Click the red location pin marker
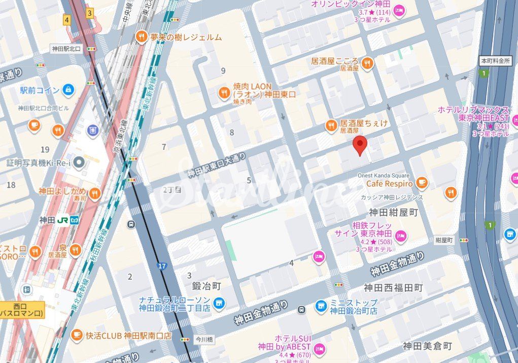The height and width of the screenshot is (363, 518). [360, 145]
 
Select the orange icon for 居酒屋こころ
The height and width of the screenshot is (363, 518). [368, 63]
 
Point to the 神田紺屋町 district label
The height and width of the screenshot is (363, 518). [393, 212]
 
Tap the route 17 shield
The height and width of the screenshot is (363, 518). [162, 266]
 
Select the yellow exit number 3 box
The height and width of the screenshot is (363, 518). [90, 13]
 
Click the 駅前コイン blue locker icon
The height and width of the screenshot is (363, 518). [68, 90]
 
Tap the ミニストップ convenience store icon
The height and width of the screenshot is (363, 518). [321, 306]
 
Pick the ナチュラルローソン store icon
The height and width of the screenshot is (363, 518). [219, 304]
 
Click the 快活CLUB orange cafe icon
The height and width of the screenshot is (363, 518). [76, 335]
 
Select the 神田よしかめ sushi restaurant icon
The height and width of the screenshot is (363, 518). [94, 192]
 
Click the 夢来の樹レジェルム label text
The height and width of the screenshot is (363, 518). [186, 37]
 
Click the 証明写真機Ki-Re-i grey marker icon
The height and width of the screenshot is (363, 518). [79, 162]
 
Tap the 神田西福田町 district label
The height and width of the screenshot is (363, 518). [393, 287]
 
